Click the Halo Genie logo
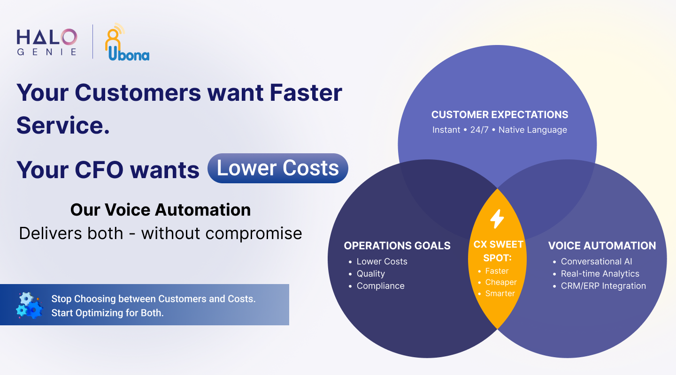point(47,42)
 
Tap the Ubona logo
point(127,42)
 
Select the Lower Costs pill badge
point(277,168)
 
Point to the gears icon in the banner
point(29,305)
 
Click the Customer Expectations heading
point(499,114)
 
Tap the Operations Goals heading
point(397,246)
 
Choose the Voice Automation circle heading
point(602,246)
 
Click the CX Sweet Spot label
point(498,251)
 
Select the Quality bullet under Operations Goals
point(370,274)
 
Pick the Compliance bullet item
point(381,286)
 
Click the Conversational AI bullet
point(596,262)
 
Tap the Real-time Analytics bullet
point(600,274)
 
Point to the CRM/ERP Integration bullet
point(603,286)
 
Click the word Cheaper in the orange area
point(501,282)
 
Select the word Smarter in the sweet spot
point(500,293)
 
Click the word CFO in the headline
point(99,170)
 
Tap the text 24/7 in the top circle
point(479,130)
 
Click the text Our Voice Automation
point(161,210)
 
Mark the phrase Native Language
point(533,130)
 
